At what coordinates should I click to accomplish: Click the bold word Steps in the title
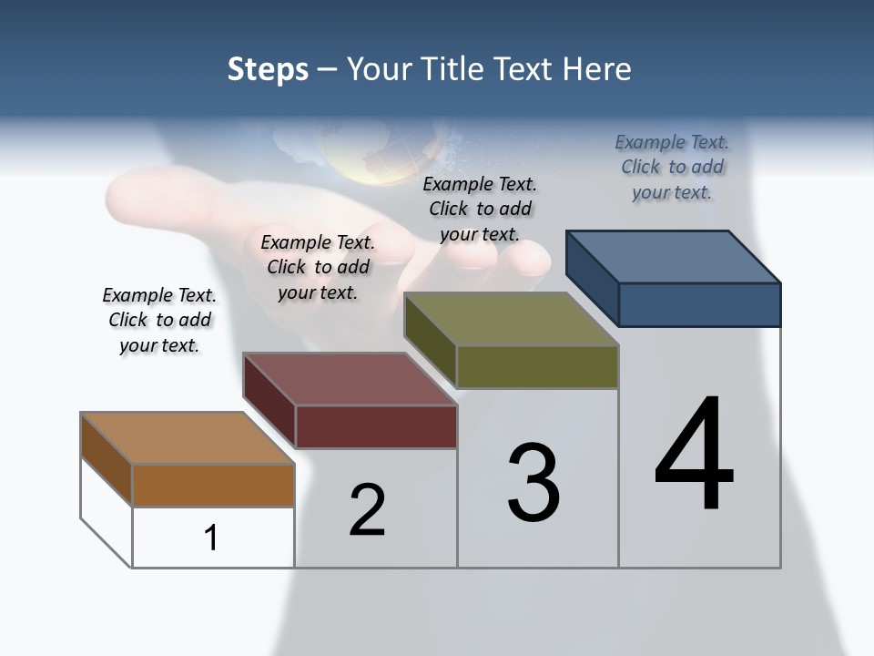pos(268,69)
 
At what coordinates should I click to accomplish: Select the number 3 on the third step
pos(534,483)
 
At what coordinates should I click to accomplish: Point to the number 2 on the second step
pos(368,510)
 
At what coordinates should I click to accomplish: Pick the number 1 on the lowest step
pos(211,538)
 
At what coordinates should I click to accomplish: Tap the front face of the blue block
pos(699,304)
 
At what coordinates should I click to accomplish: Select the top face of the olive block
pos(512,319)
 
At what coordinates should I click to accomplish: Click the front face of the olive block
pos(537,366)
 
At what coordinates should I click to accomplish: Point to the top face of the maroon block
pos(350,379)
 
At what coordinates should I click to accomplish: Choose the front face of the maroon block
pos(376,426)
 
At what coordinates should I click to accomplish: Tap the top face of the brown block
pos(188,438)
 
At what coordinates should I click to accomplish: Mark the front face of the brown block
pos(213,485)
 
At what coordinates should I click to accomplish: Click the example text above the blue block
pos(672,168)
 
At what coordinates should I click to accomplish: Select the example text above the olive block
pos(480,209)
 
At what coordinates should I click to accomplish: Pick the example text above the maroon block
pos(318,267)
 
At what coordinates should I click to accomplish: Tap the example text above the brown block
pos(159,320)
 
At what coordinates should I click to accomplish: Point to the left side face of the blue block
pos(593,278)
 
